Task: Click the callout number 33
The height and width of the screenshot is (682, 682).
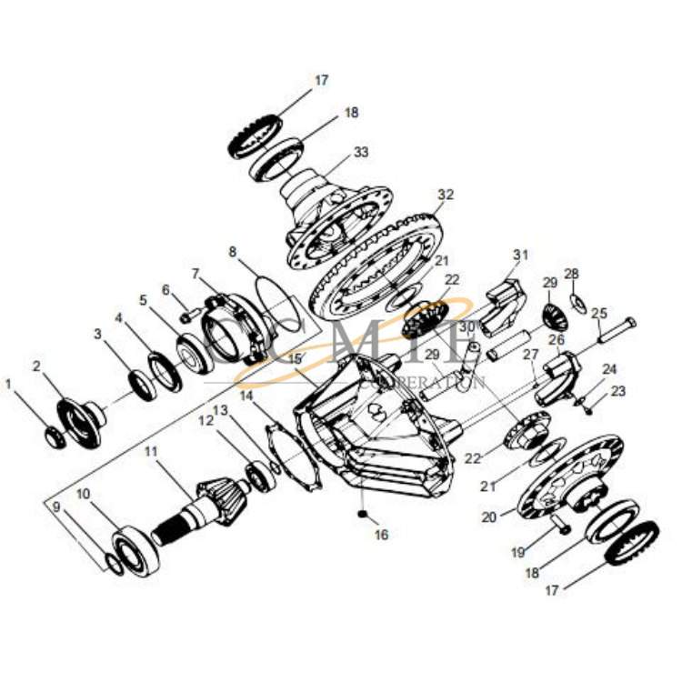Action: [x=361, y=153]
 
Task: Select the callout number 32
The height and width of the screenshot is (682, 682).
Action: [x=445, y=195]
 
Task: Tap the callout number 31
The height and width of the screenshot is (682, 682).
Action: [x=520, y=255]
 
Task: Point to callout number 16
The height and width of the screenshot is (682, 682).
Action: [x=381, y=535]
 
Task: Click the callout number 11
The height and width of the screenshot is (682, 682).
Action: [x=151, y=451]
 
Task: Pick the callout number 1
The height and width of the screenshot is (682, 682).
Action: [x=9, y=384]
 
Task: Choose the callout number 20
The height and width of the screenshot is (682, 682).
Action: [x=490, y=517]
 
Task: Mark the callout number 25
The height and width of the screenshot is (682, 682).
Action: [x=599, y=314]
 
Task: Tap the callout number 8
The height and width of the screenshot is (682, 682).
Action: [x=232, y=251]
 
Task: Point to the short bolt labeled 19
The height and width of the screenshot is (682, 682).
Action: [x=558, y=524]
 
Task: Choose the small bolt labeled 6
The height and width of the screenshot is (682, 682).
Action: [x=187, y=316]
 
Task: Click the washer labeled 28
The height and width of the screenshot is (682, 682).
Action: [x=576, y=301]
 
